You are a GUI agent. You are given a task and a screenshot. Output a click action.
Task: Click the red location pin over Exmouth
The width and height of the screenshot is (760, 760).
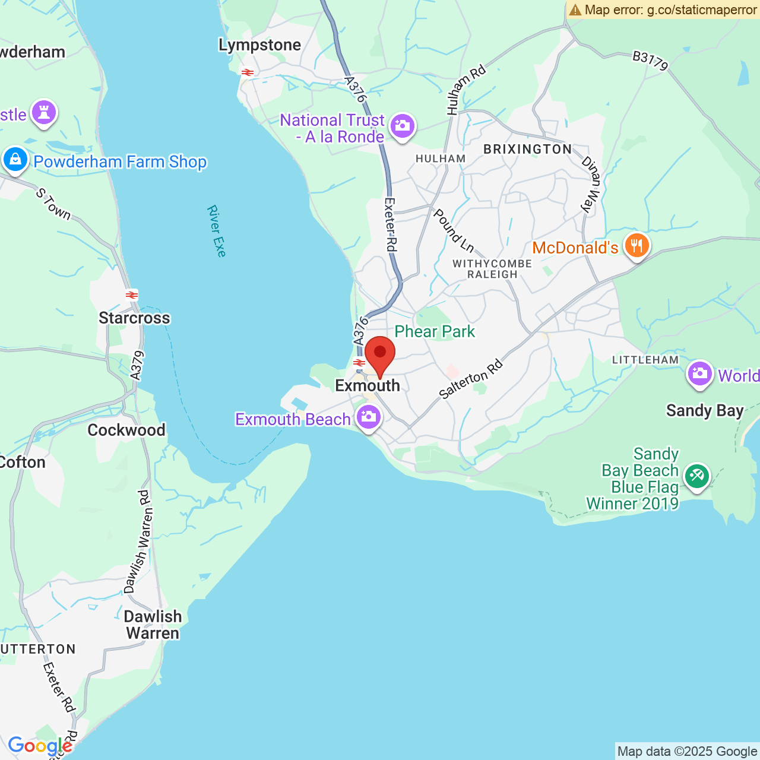click(380, 354)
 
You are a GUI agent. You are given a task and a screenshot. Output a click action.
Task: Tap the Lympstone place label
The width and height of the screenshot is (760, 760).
click(259, 45)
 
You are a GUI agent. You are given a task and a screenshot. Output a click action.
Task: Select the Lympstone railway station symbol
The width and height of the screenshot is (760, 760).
click(247, 72)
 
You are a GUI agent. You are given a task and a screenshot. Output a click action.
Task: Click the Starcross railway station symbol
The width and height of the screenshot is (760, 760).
click(132, 295)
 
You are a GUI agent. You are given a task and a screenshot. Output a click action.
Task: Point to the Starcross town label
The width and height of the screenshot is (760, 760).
click(134, 318)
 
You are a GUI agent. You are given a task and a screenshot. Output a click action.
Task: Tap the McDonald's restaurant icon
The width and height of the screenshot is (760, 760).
click(636, 246)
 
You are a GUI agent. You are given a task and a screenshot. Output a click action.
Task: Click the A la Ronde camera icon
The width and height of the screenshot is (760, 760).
click(403, 126)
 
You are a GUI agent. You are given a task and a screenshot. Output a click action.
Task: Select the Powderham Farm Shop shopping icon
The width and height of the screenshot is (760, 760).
click(15, 160)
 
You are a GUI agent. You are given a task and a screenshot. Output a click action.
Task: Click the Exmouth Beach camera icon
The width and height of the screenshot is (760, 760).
click(369, 417)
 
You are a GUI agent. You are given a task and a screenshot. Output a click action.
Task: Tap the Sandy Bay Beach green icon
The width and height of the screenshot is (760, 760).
click(696, 476)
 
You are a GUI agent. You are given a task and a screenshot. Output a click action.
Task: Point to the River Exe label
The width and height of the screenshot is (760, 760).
click(217, 231)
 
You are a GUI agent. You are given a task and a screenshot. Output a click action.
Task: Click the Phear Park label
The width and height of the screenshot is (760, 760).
click(435, 331)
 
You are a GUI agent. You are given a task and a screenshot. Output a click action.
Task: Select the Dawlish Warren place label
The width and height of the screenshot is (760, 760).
click(153, 625)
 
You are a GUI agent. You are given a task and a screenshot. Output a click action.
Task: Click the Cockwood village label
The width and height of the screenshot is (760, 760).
click(126, 430)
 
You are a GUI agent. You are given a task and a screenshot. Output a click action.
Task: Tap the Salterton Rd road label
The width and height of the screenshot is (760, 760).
click(471, 379)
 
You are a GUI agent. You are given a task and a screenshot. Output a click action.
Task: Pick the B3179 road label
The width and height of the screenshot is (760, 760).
click(650, 60)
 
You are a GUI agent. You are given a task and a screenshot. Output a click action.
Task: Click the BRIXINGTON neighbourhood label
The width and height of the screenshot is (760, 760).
click(527, 149)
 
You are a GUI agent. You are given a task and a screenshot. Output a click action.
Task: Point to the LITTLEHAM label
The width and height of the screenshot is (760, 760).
click(645, 360)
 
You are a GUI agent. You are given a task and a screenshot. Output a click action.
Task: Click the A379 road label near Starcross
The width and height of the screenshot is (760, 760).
click(137, 365)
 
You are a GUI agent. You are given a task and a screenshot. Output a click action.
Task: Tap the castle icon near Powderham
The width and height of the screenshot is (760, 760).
click(44, 112)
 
